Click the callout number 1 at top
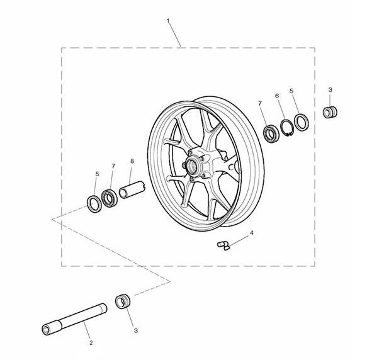click(x=168, y=21)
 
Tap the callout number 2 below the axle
click(x=91, y=343)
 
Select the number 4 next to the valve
click(x=252, y=233)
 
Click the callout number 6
click(x=277, y=96)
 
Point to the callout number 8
click(x=132, y=161)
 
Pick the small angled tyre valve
click(x=223, y=246)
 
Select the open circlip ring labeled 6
click(x=287, y=128)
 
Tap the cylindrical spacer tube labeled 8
click(x=132, y=190)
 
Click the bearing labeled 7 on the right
click(x=271, y=133)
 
